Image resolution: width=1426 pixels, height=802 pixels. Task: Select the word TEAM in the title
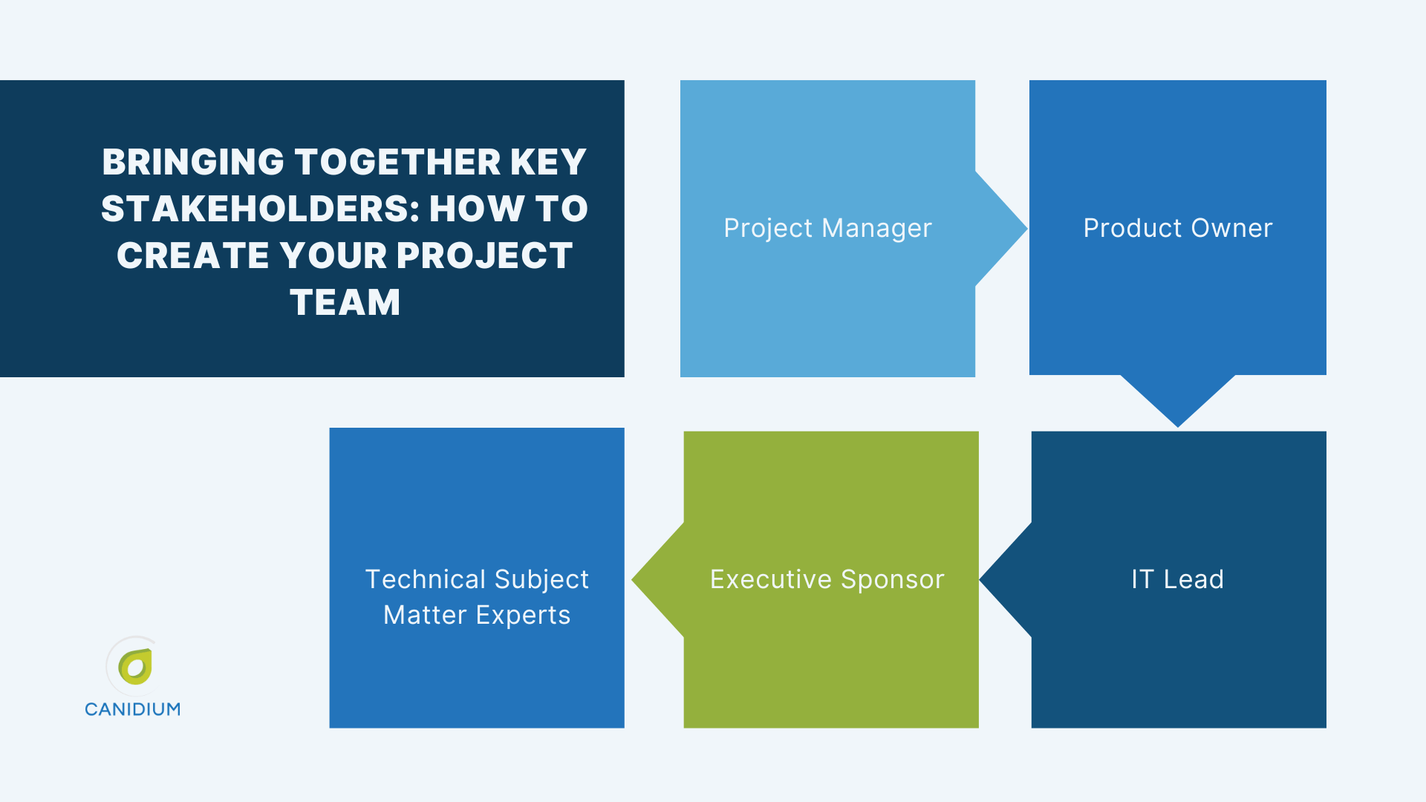[x=345, y=302]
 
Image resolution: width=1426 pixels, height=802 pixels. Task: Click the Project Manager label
[x=827, y=228]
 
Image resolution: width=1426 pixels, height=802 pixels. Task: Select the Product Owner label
[x=1177, y=228]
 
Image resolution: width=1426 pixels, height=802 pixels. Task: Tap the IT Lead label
[x=1177, y=579]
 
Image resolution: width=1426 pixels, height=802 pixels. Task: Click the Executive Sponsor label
[x=827, y=579]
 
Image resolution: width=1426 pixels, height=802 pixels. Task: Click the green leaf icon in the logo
[x=135, y=666]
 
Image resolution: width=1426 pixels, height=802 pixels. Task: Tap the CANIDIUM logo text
[x=132, y=709]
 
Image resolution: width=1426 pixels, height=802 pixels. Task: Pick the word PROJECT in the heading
[x=484, y=255]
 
